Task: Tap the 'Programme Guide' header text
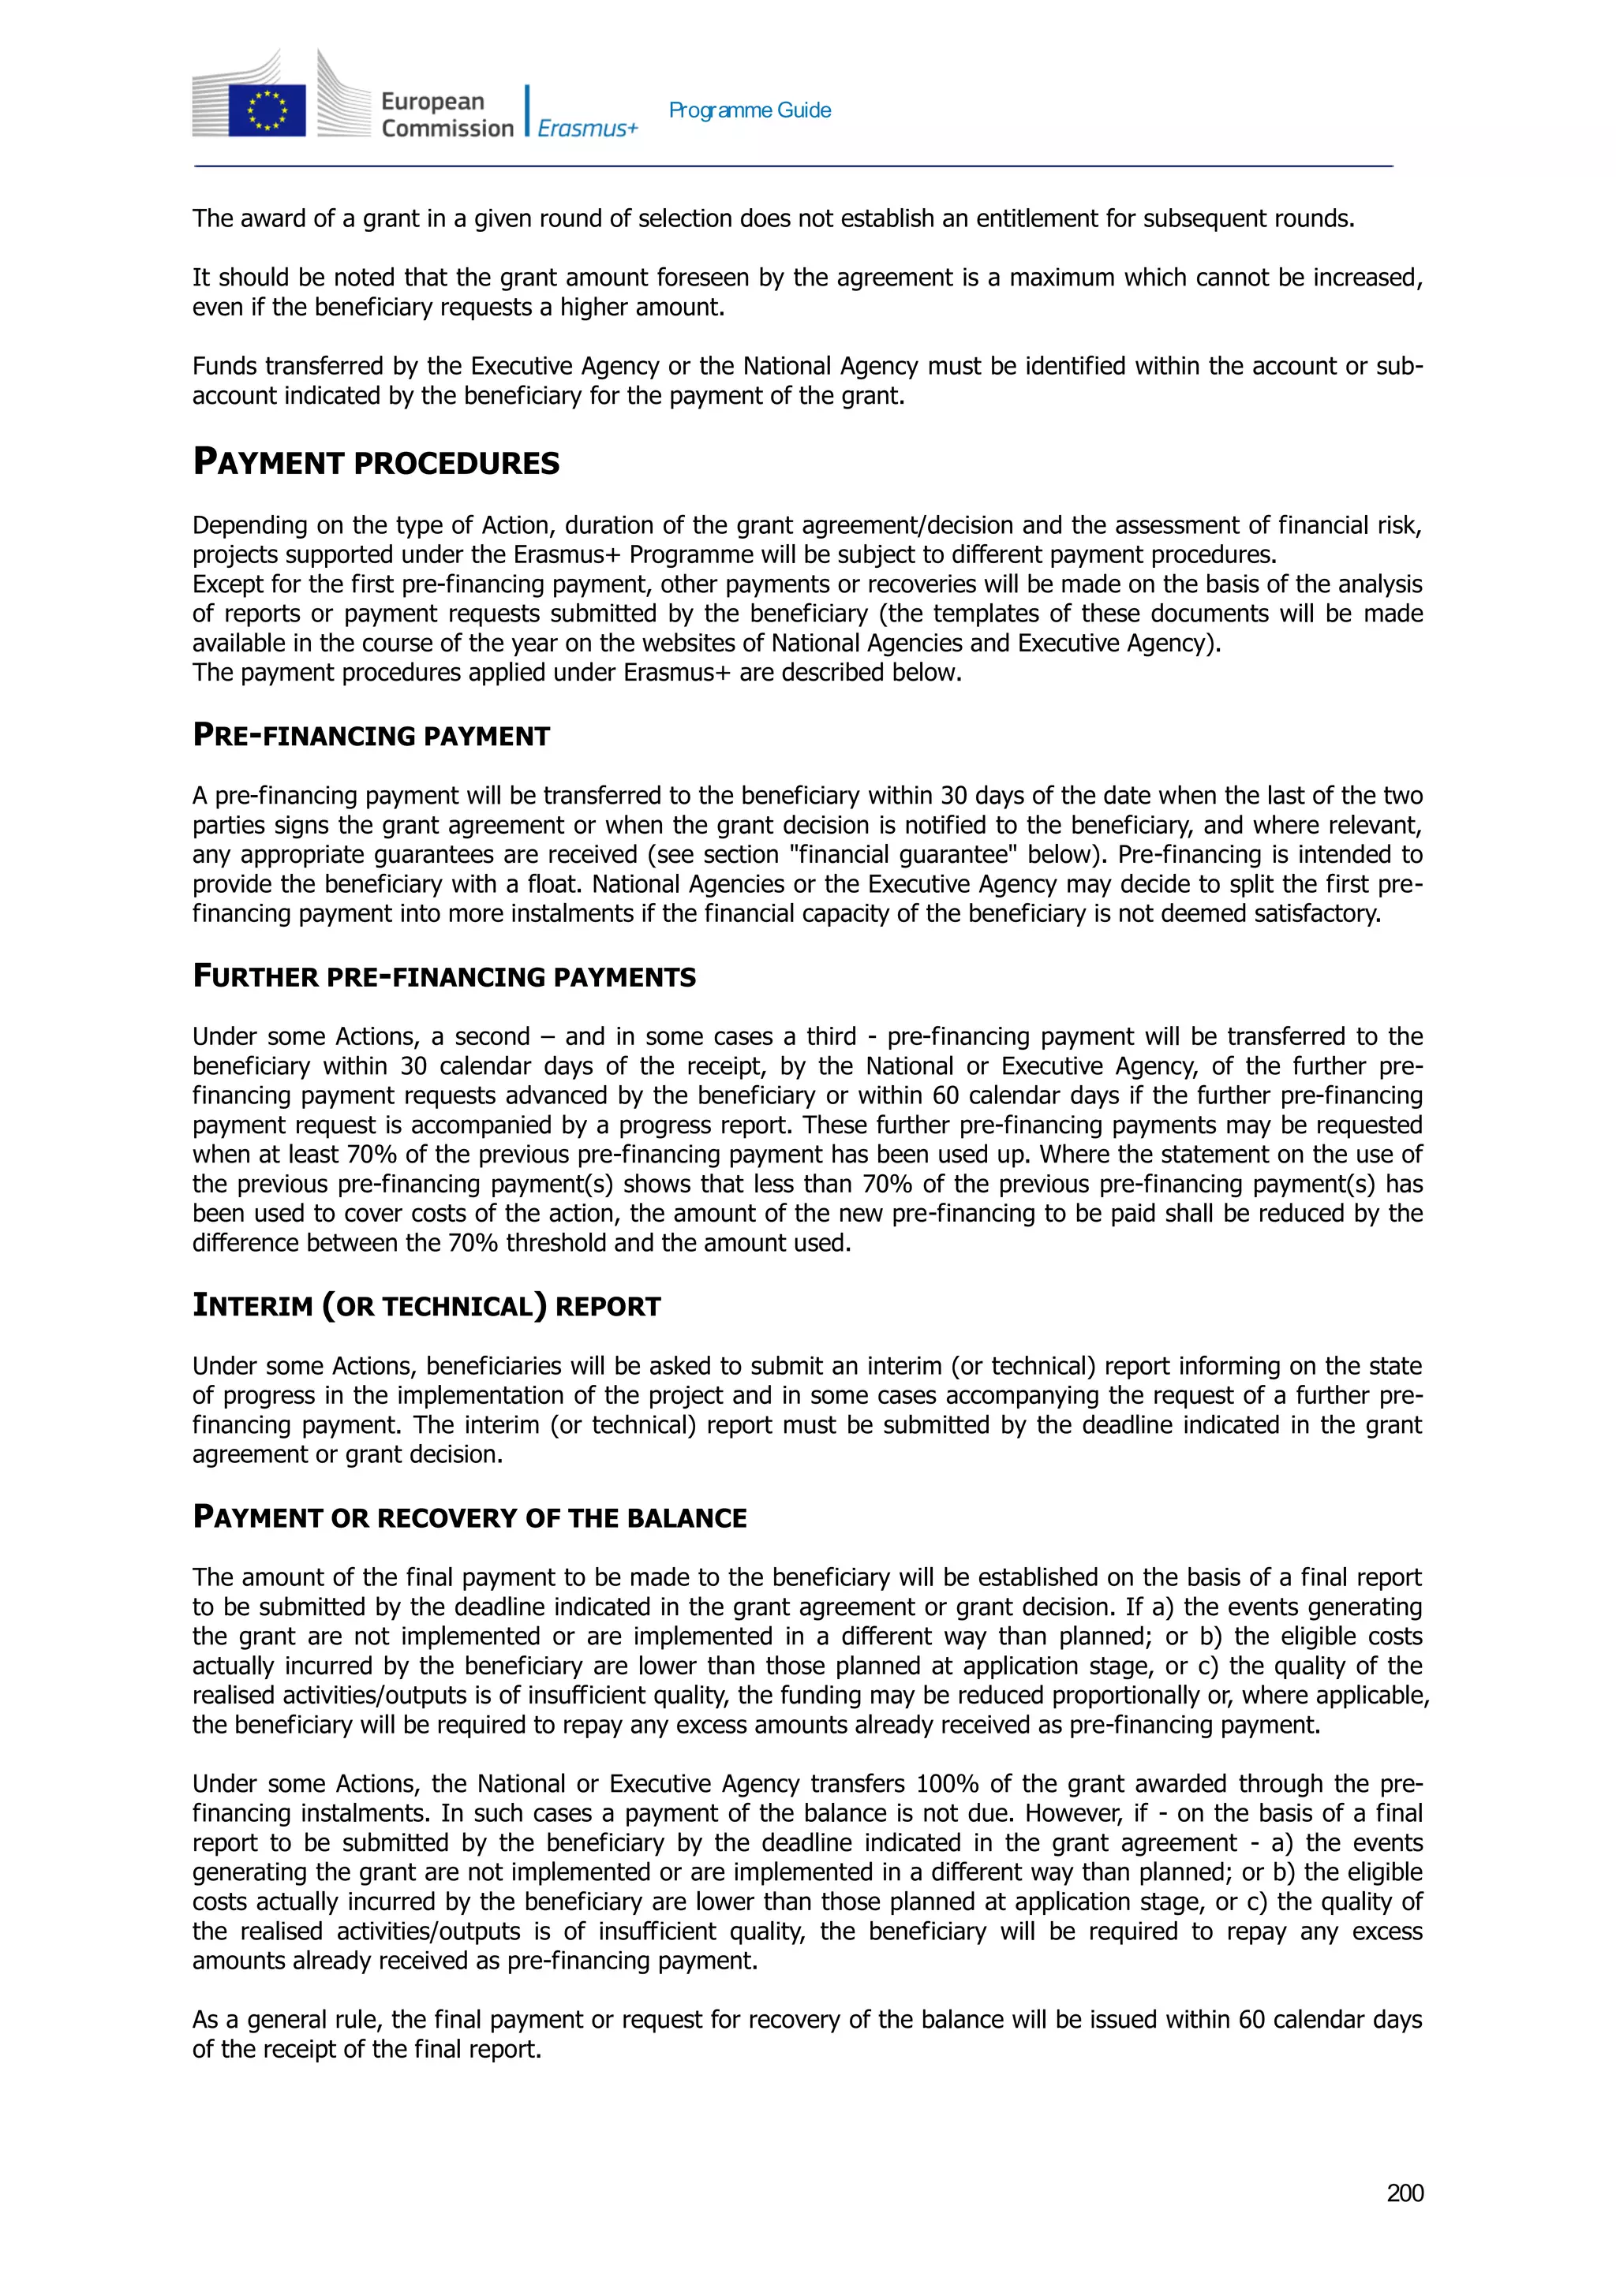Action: coord(750,110)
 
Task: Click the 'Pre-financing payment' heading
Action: coord(370,736)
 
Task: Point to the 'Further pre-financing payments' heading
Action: coord(443,977)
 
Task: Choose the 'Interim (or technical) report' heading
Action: coord(426,1306)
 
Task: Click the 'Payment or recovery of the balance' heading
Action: coord(469,1518)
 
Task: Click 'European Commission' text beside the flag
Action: coord(446,114)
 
